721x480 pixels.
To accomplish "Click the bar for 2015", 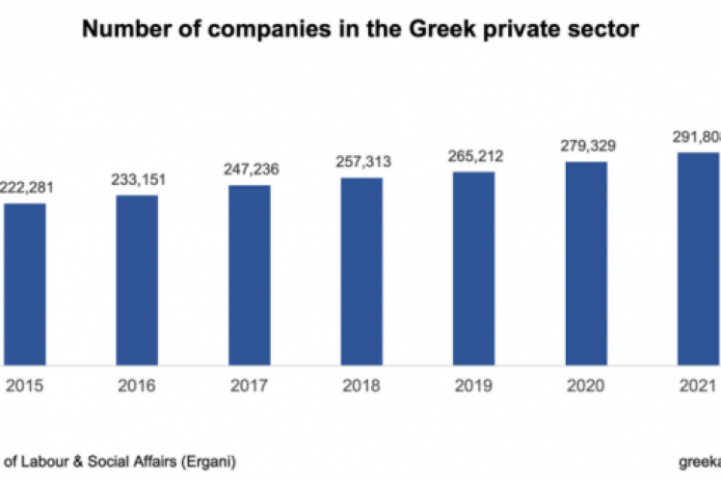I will point(25,283).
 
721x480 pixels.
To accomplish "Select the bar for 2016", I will point(138,279).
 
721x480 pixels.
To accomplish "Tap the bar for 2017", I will point(250,274).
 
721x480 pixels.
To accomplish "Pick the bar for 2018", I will point(361,270).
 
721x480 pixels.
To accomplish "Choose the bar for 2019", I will point(473,267).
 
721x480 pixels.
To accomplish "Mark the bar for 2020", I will point(586,262).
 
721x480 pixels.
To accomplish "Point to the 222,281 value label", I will point(26,188).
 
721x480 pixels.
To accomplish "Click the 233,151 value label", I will point(138,178).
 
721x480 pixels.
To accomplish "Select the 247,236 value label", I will point(250,168).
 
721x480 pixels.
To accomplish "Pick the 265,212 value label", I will point(473,154).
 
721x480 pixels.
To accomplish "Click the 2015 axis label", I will point(25,388).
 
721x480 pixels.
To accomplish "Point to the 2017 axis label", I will point(250,388).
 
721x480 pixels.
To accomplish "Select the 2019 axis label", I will point(473,388).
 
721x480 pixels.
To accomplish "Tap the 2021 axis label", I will point(697,388).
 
